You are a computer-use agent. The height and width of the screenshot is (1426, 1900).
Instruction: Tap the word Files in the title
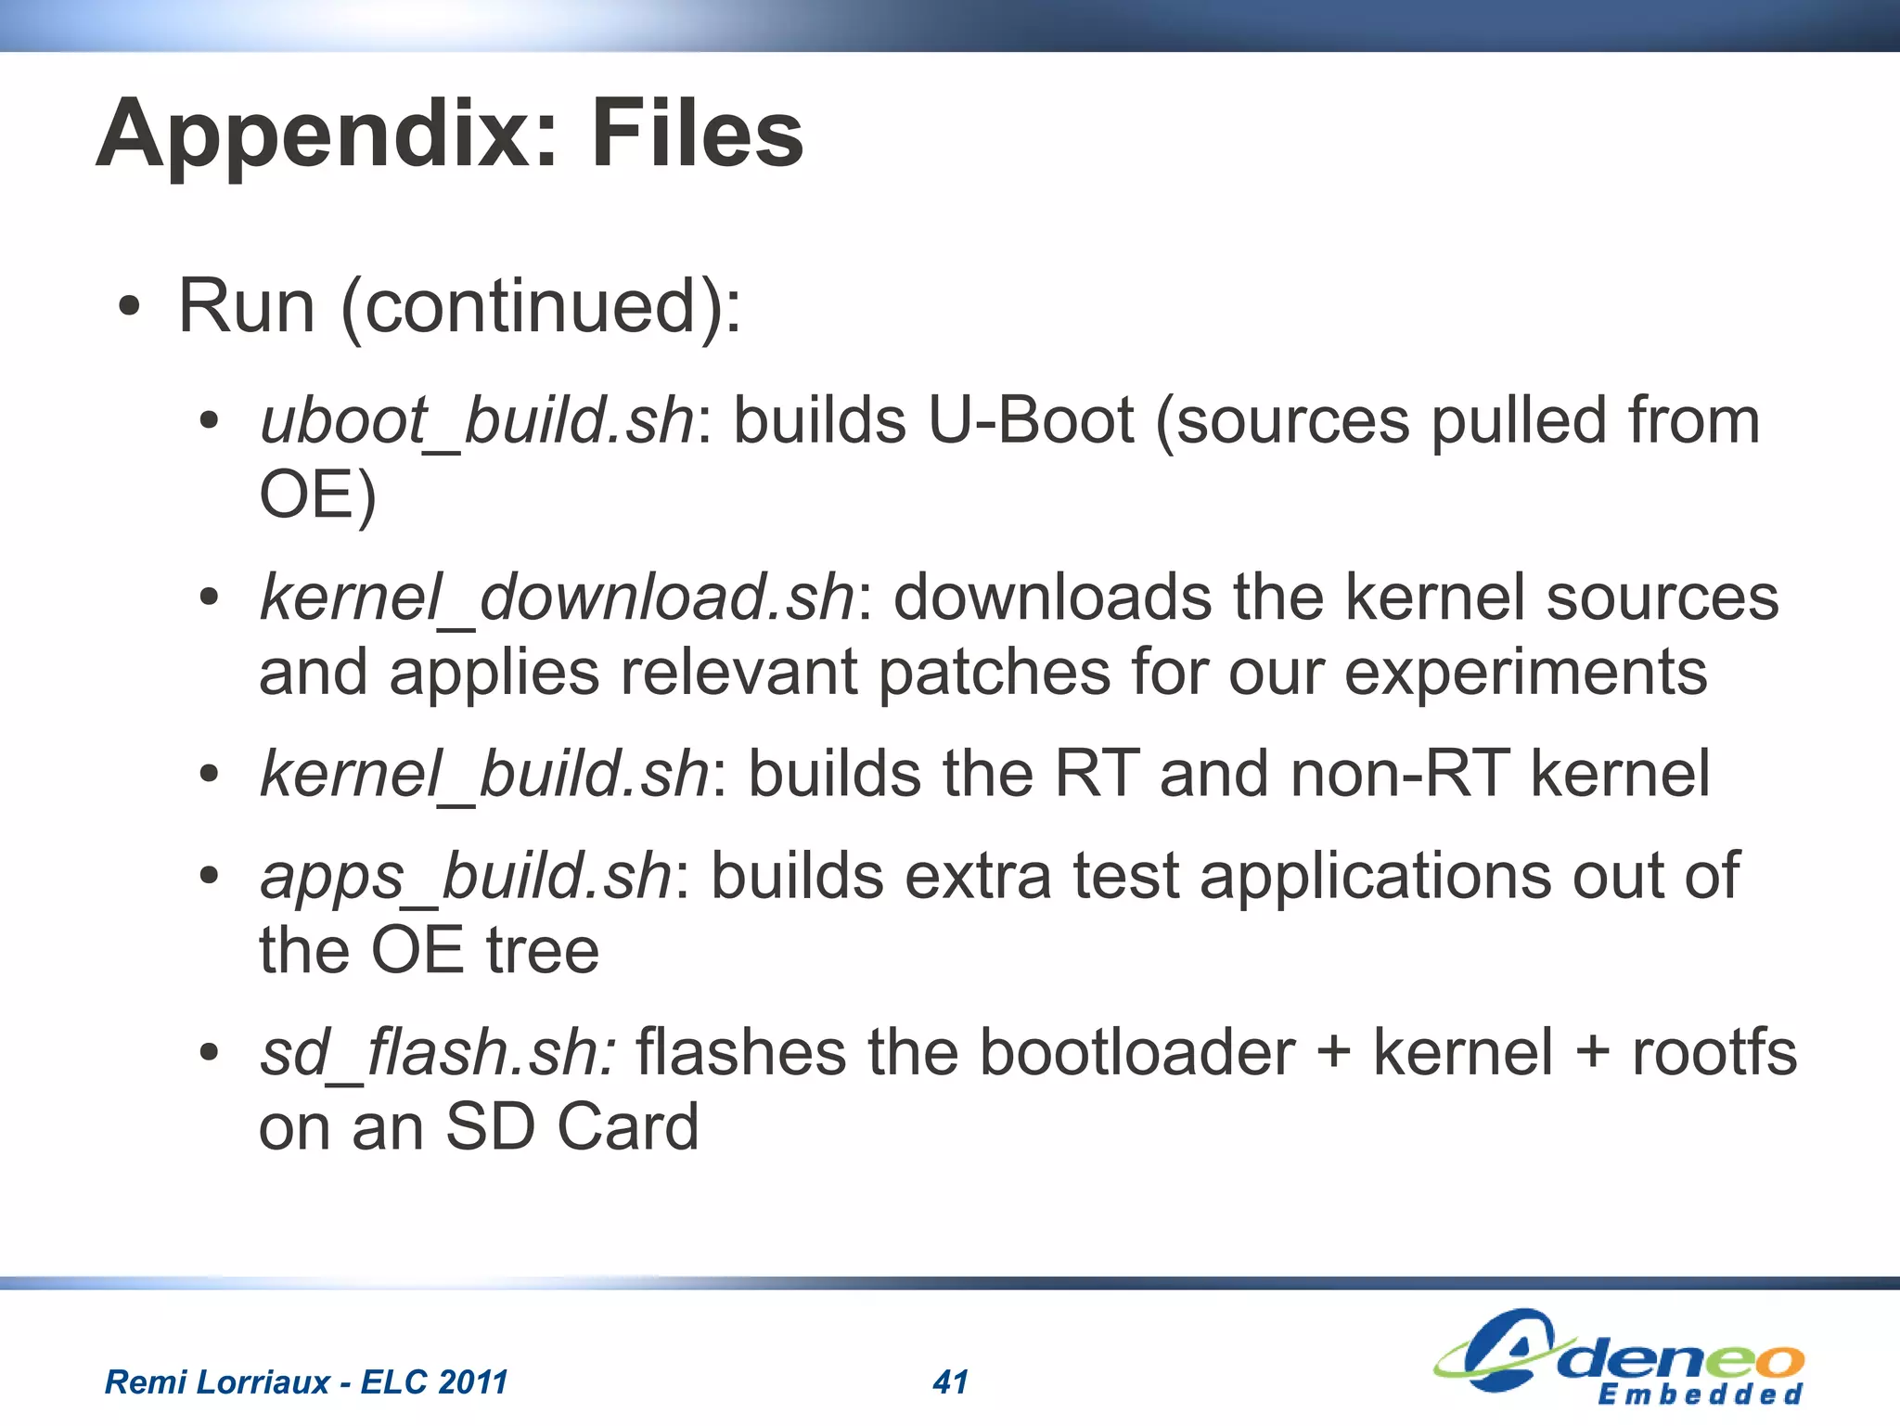click(697, 135)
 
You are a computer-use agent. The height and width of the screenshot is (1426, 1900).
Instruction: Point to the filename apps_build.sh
click(466, 875)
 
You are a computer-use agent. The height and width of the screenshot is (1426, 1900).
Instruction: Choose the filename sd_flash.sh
click(437, 1052)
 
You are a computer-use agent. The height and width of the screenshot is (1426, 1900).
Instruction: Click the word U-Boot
click(1030, 421)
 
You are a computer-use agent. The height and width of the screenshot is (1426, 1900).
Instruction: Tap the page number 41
click(950, 1381)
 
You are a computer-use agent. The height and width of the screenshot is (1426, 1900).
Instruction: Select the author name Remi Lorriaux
click(217, 1381)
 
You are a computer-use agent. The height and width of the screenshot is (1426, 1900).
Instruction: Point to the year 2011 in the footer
click(473, 1381)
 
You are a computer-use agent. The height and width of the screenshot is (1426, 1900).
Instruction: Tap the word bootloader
click(1137, 1052)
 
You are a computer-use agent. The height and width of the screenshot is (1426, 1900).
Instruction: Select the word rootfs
click(1714, 1052)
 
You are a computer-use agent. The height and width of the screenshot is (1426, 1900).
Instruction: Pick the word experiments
click(1525, 672)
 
